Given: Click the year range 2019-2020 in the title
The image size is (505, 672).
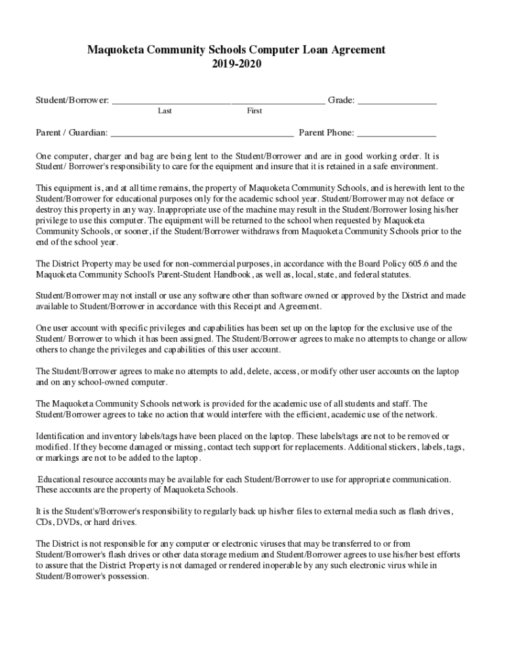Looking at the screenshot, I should [237, 65].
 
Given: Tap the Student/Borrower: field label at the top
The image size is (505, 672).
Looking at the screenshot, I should [72, 100].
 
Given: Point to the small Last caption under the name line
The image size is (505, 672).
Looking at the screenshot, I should [165, 111].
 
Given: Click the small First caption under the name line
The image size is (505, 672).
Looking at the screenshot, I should [254, 111].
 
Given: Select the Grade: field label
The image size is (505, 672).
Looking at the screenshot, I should [341, 100].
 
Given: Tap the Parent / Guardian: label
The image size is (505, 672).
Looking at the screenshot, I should [71, 133].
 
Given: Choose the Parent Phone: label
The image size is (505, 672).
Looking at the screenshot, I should [326, 133].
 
